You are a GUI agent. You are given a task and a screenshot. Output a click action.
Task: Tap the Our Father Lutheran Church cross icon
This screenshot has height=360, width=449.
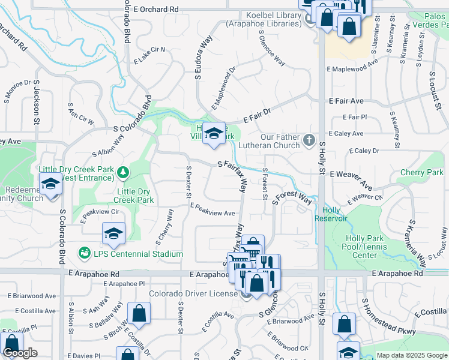point(309,140)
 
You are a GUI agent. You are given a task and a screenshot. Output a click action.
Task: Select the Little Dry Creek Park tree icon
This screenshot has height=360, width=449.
point(123,173)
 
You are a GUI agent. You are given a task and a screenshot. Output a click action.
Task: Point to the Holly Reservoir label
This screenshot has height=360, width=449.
point(331,214)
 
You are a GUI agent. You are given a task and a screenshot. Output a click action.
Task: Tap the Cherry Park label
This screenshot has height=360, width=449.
point(421,172)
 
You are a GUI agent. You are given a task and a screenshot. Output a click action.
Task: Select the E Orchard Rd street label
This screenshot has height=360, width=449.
point(157,10)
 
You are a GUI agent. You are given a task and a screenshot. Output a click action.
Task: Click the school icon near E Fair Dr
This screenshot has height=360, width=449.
point(213,134)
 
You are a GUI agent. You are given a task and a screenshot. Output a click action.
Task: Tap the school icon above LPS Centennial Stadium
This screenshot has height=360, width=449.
point(113,233)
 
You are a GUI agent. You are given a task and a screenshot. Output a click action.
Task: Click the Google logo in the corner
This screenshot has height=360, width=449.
point(20,353)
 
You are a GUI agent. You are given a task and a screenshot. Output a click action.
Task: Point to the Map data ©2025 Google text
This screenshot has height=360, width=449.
point(412,355)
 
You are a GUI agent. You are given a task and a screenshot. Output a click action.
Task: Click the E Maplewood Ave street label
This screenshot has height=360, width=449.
point(352,64)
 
